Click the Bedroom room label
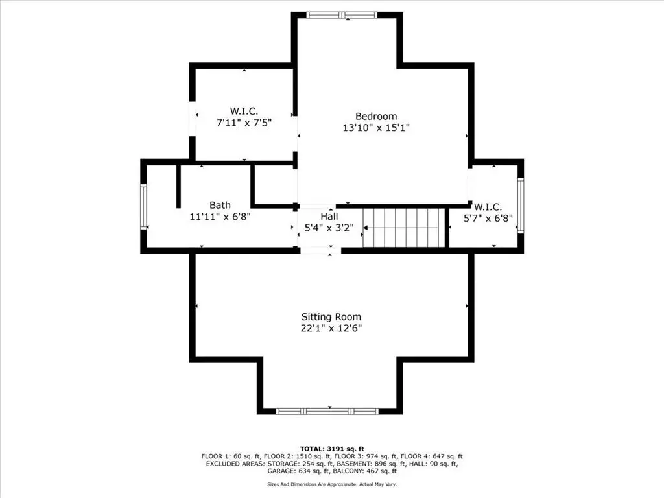tap(376, 117)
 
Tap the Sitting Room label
tap(331, 317)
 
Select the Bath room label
tap(220, 206)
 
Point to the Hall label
tap(329, 217)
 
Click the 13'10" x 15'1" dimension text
tap(376, 128)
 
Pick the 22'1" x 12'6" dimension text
tap(331, 328)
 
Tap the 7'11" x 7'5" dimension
tap(244, 123)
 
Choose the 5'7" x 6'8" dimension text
tap(488, 219)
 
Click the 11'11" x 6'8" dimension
tap(220, 217)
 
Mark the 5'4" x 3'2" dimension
tap(329, 228)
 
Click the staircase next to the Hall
tap(403, 228)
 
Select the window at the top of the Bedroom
tap(342, 15)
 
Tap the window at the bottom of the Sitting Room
tap(327, 411)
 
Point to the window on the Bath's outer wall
tap(143, 207)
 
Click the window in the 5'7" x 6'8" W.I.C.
tap(521, 206)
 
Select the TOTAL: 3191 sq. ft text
tap(332, 449)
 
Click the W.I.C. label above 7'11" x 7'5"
tap(244, 112)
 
